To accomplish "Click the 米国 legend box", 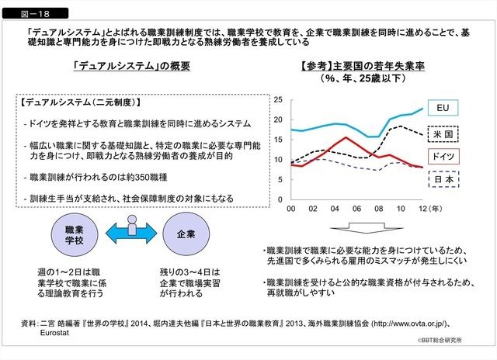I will (443, 132).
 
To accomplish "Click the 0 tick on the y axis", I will (281, 196).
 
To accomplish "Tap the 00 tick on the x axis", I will (291, 209).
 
